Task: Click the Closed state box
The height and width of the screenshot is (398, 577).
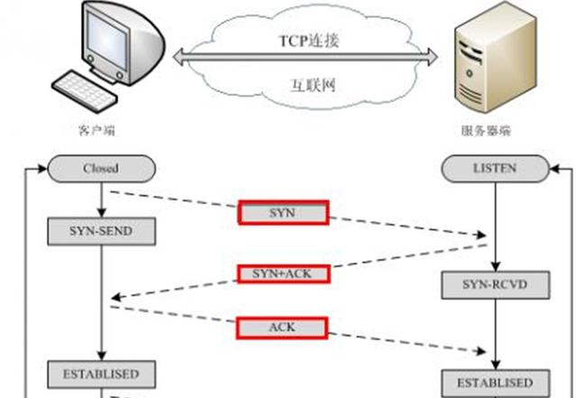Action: [x=100, y=168]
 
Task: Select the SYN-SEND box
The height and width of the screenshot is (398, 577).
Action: [x=100, y=231]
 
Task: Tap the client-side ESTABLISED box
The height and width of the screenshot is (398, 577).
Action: [x=100, y=373]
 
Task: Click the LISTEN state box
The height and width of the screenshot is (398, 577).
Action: [x=493, y=168]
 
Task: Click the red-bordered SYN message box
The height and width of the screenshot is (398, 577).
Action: [x=283, y=213]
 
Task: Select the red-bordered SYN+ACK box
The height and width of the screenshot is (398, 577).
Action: [x=283, y=273]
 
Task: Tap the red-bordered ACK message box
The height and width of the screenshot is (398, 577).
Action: [x=283, y=327]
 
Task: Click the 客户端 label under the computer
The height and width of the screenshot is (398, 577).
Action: [x=96, y=131]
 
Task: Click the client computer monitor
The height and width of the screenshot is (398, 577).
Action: [x=118, y=41]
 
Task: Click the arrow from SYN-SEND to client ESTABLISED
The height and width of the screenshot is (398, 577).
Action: [x=100, y=302]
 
